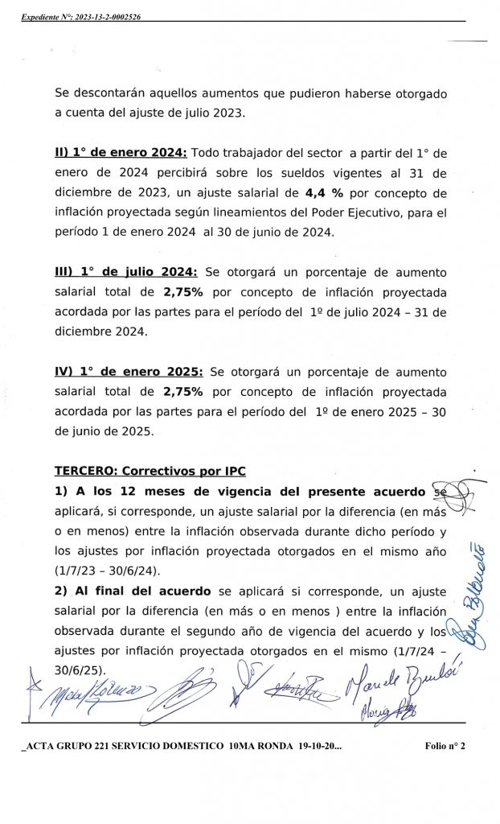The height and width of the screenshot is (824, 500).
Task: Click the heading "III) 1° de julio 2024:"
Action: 127,272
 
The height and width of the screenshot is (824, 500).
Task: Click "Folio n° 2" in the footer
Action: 445,746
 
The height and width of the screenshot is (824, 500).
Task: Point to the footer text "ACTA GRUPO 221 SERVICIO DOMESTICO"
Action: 121,746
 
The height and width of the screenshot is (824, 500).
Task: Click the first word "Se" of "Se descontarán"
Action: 62,93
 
